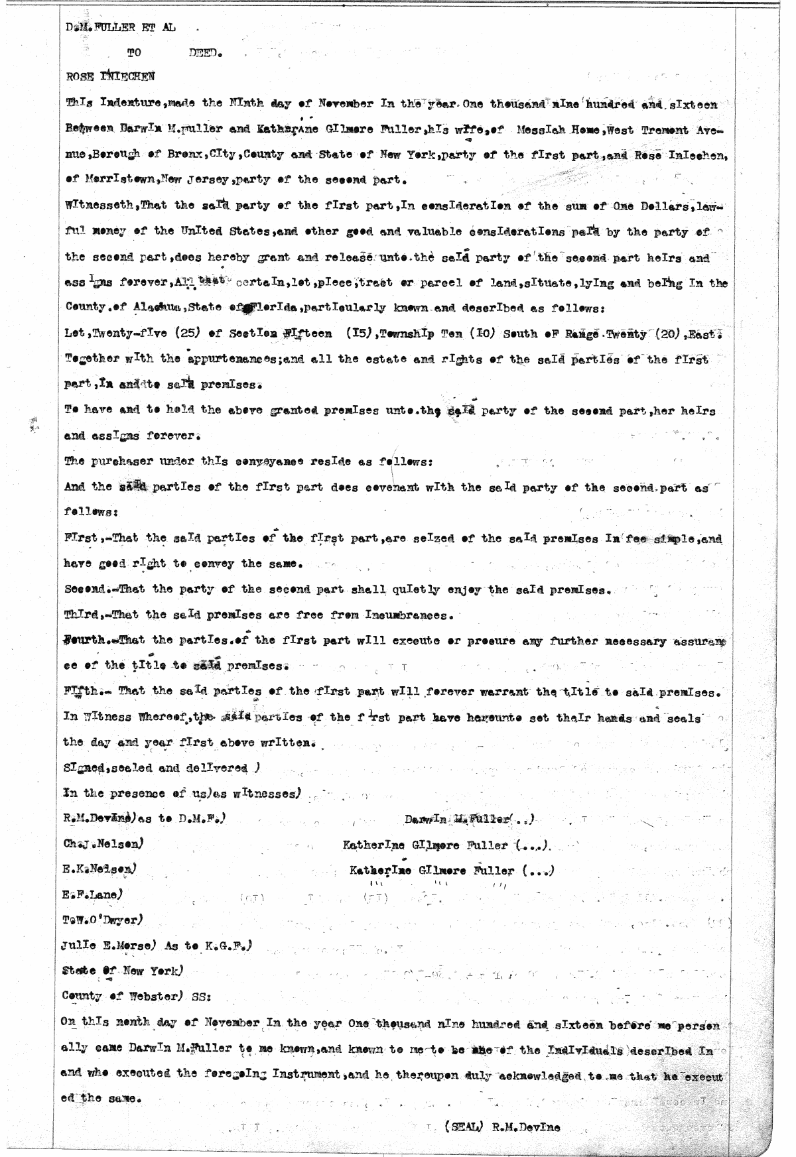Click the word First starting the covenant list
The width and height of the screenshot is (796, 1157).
80,539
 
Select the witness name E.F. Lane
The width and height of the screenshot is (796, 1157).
92,895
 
